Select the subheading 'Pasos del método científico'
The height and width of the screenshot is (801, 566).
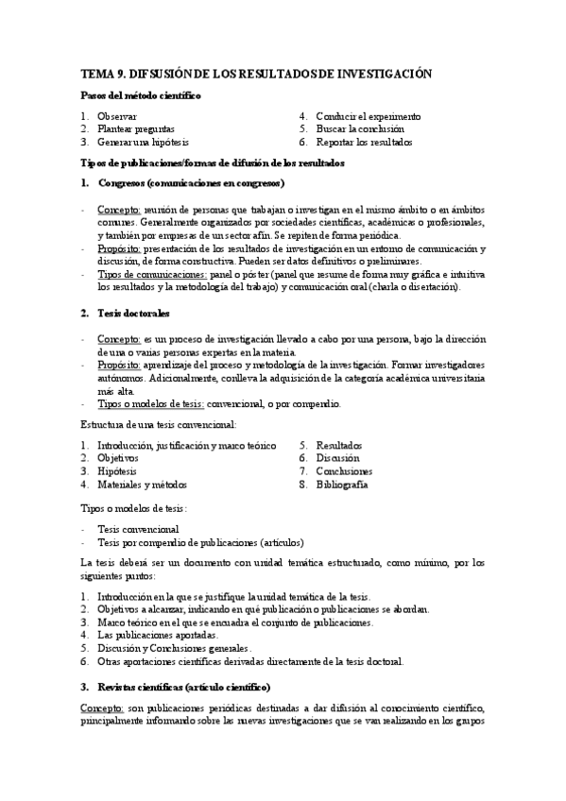pyautogui.click(x=139, y=95)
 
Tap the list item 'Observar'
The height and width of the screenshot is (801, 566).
pyautogui.click(x=117, y=116)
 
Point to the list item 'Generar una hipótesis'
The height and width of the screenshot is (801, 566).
pyautogui.click(x=144, y=142)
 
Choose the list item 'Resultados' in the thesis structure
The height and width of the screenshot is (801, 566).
pyautogui.click(x=339, y=445)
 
